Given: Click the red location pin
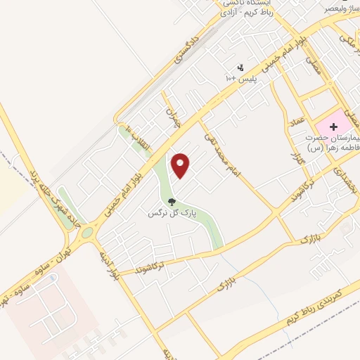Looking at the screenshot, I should click(x=181, y=166).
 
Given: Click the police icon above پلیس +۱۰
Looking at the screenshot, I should click(x=242, y=68).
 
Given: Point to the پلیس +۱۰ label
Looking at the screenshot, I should click(x=240, y=80).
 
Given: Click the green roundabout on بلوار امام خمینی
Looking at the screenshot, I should click(x=86, y=232).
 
